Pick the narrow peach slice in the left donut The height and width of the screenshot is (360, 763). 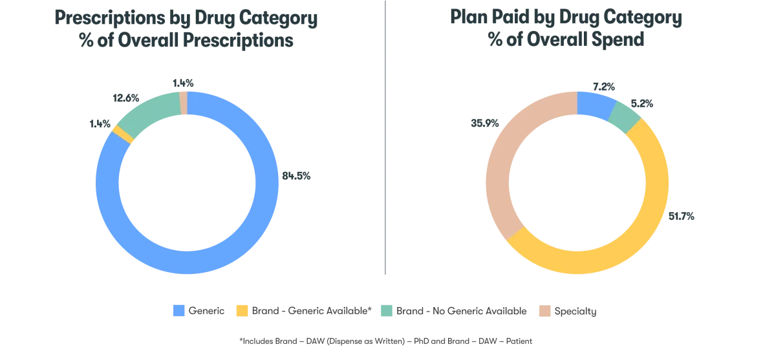point(183,103)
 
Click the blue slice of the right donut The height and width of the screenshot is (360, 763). point(595,105)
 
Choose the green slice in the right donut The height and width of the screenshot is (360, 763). point(625,117)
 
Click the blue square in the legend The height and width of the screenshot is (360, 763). point(178,311)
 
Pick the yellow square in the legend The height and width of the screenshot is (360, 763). point(241,311)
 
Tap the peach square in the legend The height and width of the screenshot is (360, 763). point(546,311)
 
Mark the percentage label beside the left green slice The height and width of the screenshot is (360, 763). point(124,98)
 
